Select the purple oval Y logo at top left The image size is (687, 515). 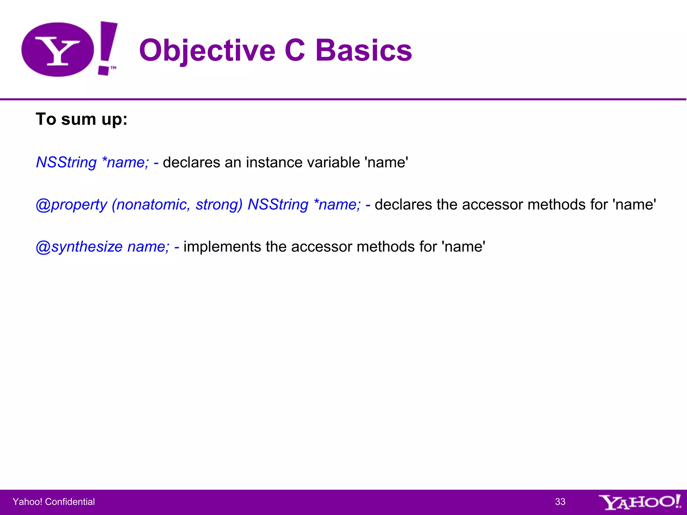(57, 50)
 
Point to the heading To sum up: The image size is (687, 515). (82, 119)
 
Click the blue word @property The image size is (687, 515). (71, 205)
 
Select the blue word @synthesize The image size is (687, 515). (79, 247)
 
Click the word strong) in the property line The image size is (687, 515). (219, 205)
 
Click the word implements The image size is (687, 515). (222, 247)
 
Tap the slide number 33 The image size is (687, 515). (560, 502)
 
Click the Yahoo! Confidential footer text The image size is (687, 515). (54, 502)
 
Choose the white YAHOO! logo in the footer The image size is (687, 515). (639, 502)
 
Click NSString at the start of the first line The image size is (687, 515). (66, 162)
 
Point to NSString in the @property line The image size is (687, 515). (278, 205)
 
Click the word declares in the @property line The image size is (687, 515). (403, 205)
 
